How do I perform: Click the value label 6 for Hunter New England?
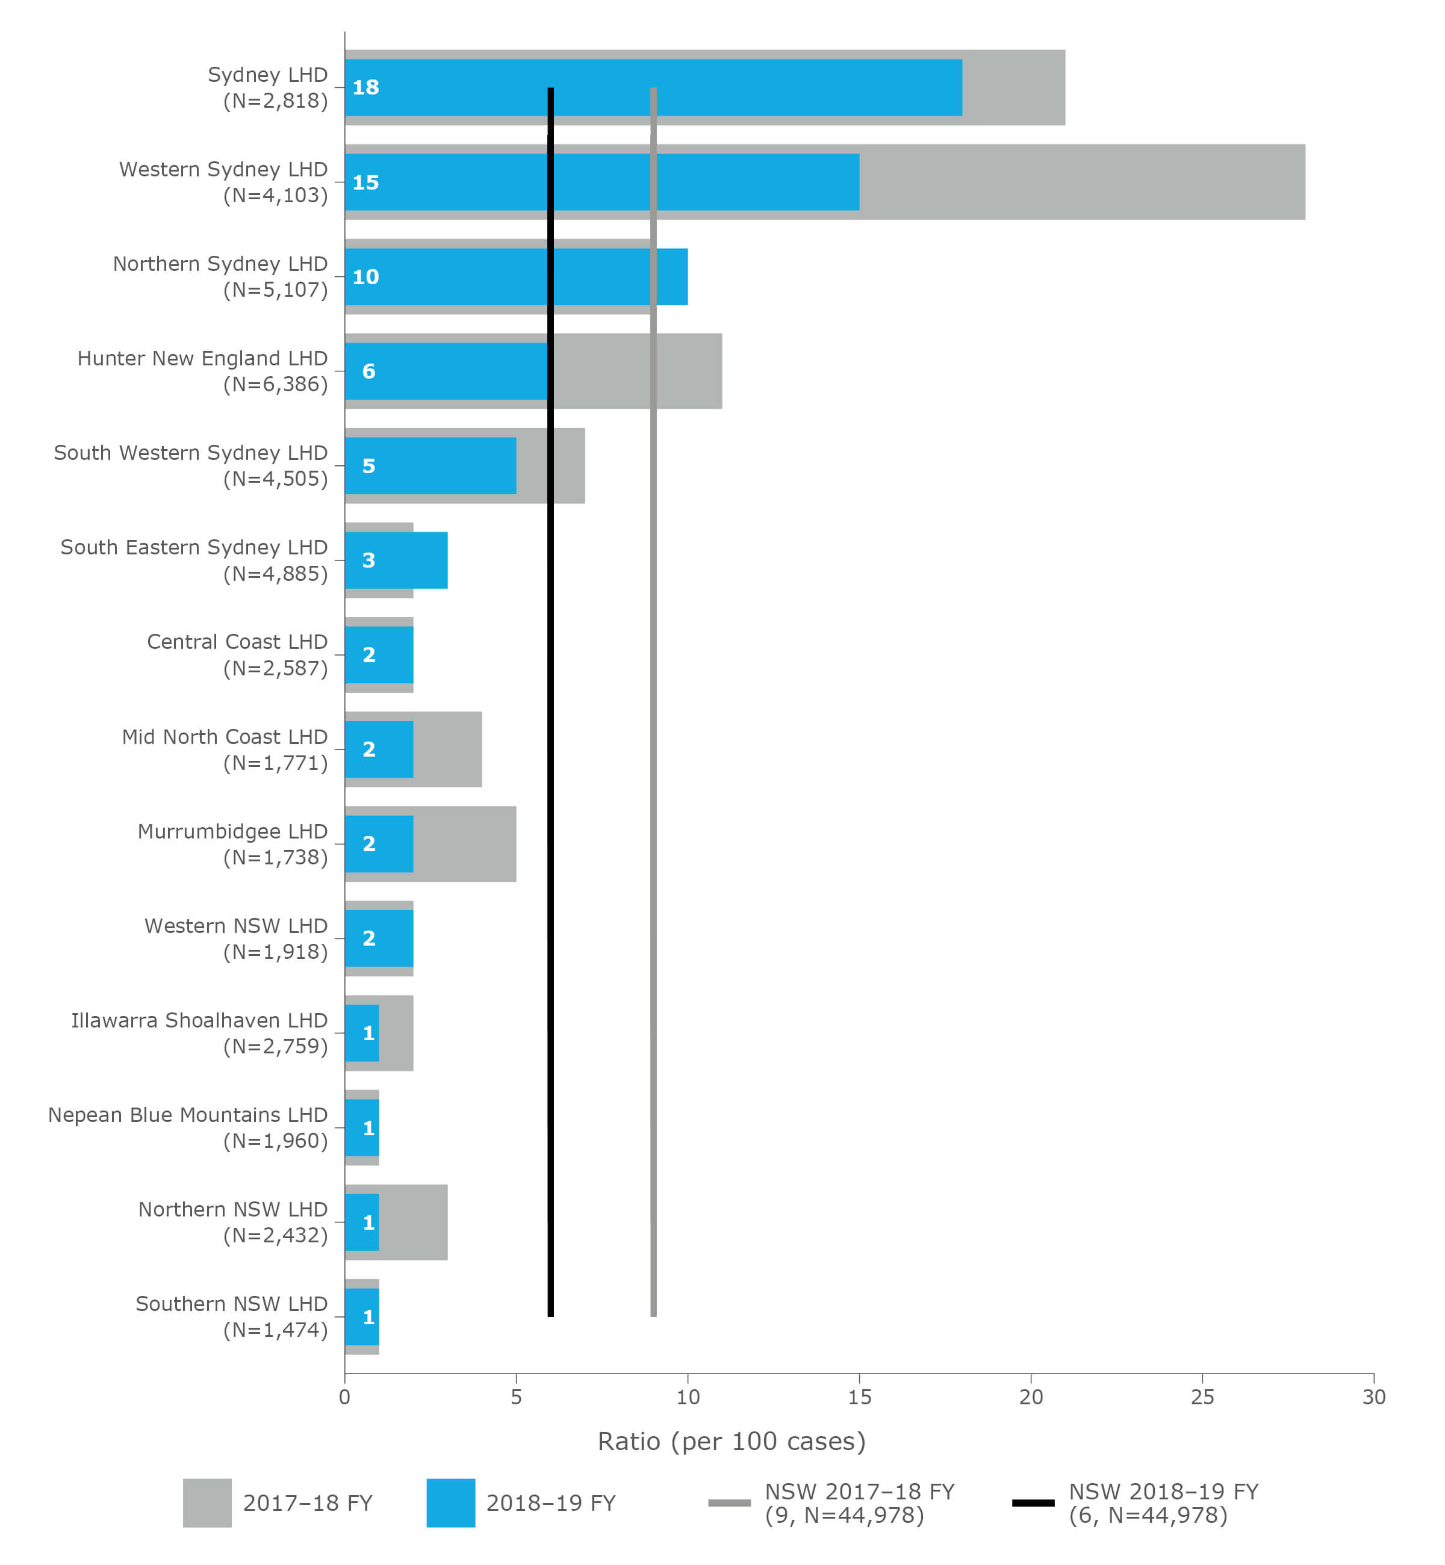[x=368, y=371]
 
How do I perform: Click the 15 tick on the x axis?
[x=859, y=1397]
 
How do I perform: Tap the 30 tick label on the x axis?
[x=1373, y=1397]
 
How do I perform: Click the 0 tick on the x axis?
[x=345, y=1397]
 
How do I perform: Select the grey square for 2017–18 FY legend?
[x=207, y=1502]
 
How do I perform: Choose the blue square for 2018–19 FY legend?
[x=450, y=1502]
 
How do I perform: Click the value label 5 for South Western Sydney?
[x=368, y=466]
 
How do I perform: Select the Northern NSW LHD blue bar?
[x=362, y=1222]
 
